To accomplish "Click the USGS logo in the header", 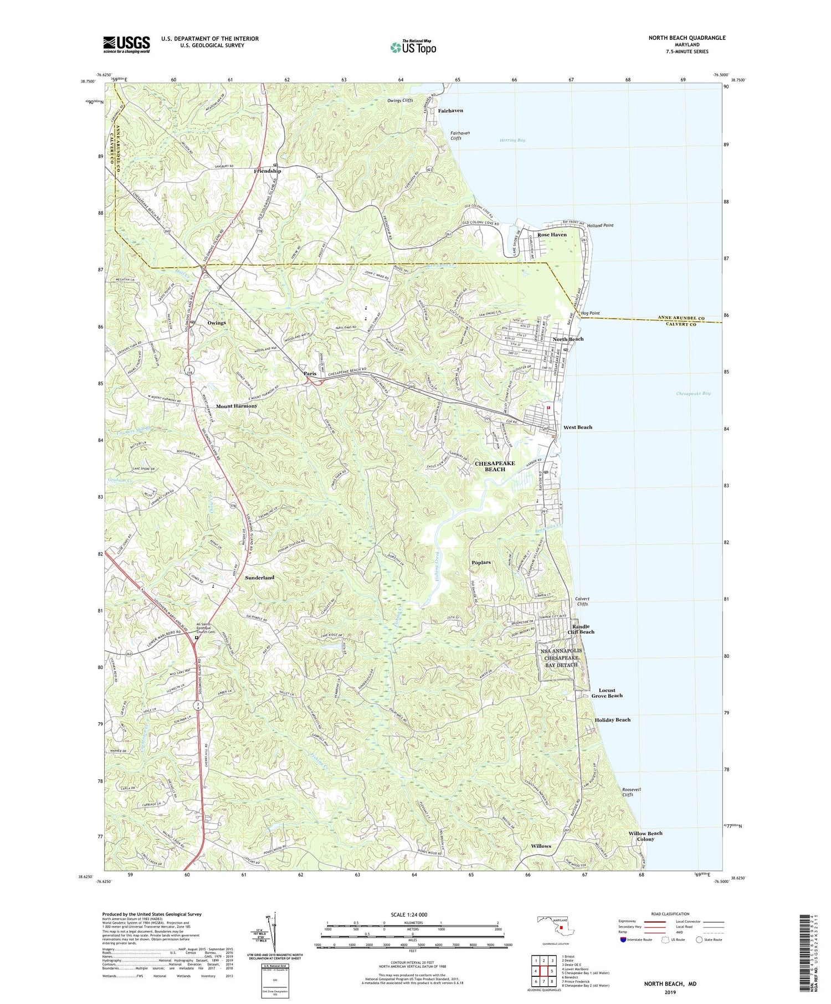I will pyautogui.click(x=126, y=44).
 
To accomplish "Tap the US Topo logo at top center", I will pyautogui.click(x=413, y=48).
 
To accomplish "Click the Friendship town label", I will pyautogui.click(x=268, y=171).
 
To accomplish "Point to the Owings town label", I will pyautogui.click(x=216, y=323).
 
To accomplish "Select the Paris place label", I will pyautogui.click(x=310, y=374).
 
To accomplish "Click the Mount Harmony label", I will pyautogui.click(x=237, y=406).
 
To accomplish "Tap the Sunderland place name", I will pyautogui.click(x=260, y=578).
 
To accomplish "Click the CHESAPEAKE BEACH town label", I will pyautogui.click(x=495, y=466).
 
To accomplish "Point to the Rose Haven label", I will pyautogui.click(x=552, y=235).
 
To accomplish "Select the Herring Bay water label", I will pyautogui.click(x=511, y=140).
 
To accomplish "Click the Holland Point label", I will pyautogui.click(x=600, y=225).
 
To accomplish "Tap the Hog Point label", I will pyautogui.click(x=591, y=313).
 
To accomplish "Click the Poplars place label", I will pyautogui.click(x=481, y=562).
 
